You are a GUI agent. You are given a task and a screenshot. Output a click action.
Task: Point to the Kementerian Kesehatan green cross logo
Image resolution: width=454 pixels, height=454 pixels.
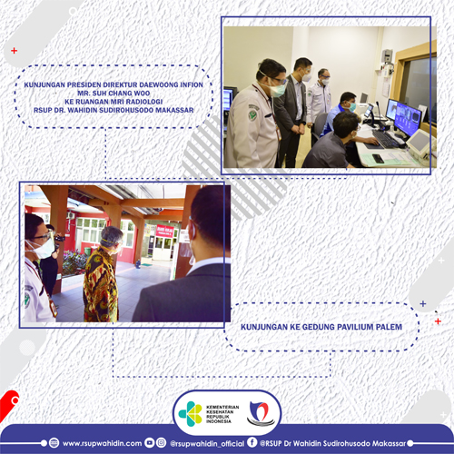click(x=191, y=414)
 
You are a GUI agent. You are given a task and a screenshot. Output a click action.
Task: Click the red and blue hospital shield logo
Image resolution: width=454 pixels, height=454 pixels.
click(x=260, y=413)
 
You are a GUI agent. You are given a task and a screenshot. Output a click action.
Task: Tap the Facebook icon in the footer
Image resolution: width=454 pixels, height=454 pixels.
click(x=252, y=442)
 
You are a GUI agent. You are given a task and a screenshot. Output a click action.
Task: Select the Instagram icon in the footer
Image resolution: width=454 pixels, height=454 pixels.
click(x=162, y=443)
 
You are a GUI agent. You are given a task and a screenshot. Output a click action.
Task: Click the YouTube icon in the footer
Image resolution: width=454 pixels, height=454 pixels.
click(x=150, y=443)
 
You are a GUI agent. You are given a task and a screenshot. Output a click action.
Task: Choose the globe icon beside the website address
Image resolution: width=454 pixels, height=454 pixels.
click(x=54, y=443)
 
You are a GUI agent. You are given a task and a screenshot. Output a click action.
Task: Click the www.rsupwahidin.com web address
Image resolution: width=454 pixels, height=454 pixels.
click(x=102, y=443)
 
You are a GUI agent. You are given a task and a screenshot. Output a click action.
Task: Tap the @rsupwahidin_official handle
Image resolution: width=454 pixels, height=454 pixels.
click(x=207, y=444)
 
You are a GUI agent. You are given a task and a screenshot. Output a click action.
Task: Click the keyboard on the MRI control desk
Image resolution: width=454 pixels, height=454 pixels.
click(x=385, y=139)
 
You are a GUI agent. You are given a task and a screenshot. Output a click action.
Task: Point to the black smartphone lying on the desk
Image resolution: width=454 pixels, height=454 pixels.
click(x=378, y=158)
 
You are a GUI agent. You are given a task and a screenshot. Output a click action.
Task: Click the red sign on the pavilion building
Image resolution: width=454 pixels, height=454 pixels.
click(x=165, y=231)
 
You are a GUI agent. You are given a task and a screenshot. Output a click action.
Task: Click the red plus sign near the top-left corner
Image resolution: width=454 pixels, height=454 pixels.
click(x=14, y=51)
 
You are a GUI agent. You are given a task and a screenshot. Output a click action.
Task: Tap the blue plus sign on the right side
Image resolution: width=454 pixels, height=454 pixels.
click(x=423, y=303)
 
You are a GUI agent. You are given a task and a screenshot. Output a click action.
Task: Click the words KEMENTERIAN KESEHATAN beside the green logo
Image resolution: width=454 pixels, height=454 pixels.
click(x=222, y=410)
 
